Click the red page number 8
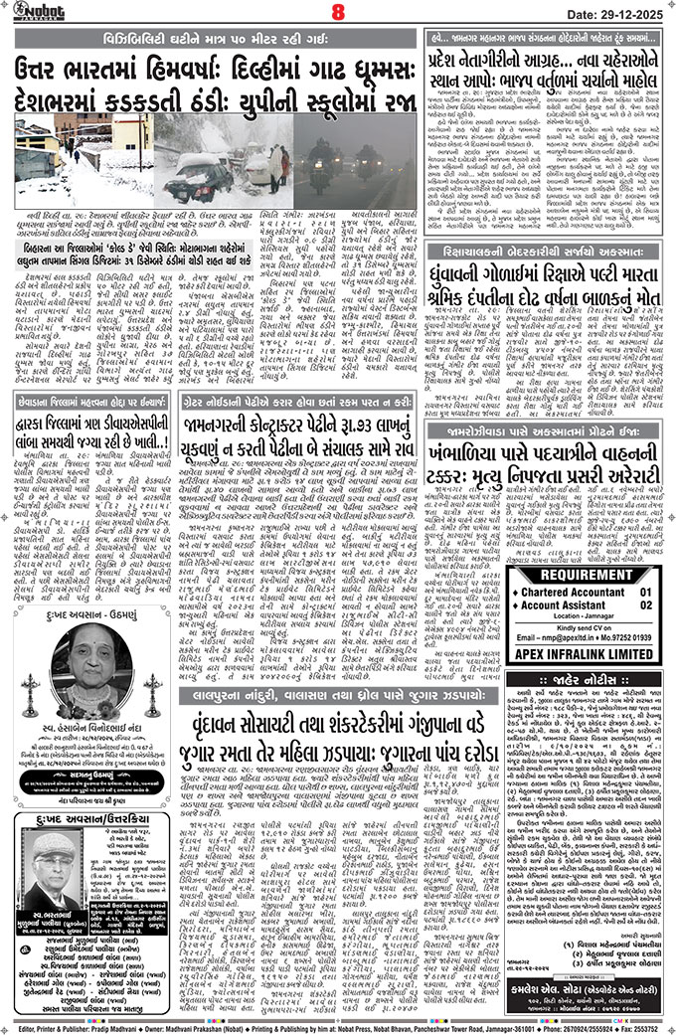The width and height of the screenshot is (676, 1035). pos(337,13)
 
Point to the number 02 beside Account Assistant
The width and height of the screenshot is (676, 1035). pos(646,604)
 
